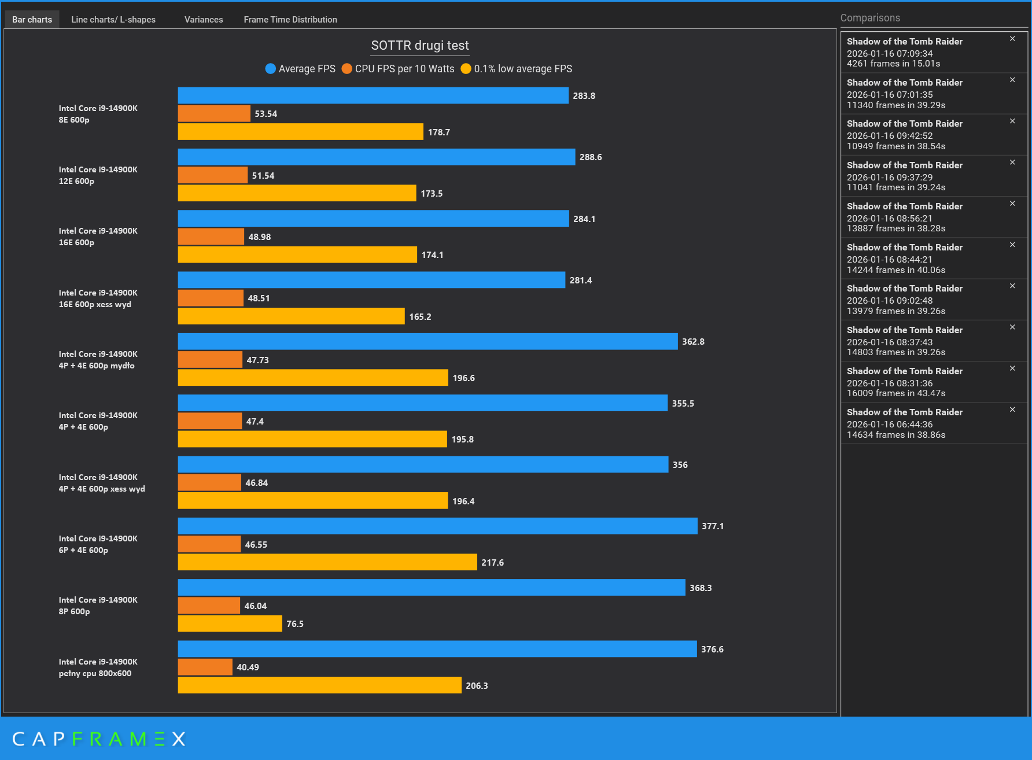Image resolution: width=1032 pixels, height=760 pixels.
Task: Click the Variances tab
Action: (204, 20)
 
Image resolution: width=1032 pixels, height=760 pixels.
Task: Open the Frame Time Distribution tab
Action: (290, 20)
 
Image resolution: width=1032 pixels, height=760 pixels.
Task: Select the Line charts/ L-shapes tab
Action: (113, 20)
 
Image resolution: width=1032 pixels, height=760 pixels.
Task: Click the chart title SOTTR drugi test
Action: (420, 46)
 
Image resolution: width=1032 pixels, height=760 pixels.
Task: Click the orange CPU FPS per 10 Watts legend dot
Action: (347, 69)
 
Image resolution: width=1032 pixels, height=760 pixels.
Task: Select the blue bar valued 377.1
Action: (437, 526)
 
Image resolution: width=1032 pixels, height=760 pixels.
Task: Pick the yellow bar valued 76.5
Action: (230, 624)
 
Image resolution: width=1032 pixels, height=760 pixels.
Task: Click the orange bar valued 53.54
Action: (214, 113)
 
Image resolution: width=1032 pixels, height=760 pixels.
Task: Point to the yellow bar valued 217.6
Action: (327, 562)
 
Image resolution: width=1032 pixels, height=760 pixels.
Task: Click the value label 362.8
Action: (693, 342)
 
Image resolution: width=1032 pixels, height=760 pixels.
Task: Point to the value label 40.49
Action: (248, 667)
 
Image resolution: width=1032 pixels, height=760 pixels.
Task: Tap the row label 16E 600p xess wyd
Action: (95, 305)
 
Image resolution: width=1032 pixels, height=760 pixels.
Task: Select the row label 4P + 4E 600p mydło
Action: (97, 366)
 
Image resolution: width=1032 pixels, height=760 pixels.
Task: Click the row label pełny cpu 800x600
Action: (95, 674)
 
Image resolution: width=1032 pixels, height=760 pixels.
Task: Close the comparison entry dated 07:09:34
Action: (1012, 39)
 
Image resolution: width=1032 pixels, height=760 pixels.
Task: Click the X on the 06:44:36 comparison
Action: (1012, 409)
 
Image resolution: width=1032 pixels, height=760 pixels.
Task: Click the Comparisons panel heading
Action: (870, 18)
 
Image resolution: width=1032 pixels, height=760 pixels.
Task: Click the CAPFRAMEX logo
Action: (99, 739)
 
